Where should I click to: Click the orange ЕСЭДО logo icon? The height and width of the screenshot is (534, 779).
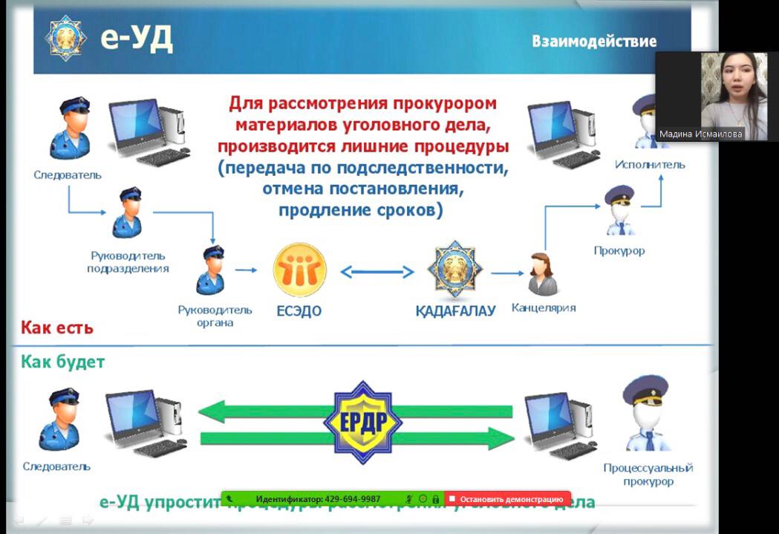point(299,270)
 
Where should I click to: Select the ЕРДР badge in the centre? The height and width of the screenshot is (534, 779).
point(362,421)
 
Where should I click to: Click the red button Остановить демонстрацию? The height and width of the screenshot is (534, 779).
point(508,499)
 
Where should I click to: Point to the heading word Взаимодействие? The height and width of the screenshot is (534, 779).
point(593,41)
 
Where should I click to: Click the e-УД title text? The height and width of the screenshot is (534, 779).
point(137,38)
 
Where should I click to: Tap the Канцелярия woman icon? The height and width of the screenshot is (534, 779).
point(542,274)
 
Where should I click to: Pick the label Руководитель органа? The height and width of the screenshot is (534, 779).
point(215,316)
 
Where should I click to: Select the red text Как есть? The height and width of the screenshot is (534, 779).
point(56,328)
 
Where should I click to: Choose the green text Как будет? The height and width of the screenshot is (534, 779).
point(62,362)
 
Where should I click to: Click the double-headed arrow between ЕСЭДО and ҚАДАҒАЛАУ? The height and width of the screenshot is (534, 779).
point(377,272)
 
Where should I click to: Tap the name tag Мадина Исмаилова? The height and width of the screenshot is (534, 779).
point(701,134)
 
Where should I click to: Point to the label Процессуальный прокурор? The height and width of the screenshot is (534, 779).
point(648,475)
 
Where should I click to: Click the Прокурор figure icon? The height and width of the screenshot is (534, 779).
point(619,211)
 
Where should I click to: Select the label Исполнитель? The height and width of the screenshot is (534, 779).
point(649,164)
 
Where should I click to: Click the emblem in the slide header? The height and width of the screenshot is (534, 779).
point(66,37)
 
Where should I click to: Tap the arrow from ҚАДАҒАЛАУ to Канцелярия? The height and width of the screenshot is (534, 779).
point(506,273)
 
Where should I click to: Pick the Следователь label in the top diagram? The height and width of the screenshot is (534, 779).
point(68,175)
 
